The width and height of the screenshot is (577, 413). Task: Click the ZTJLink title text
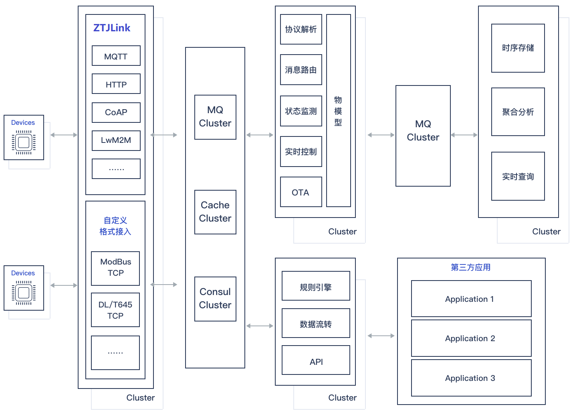[x=112, y=28]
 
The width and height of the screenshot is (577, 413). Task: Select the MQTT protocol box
[x=116, y=56]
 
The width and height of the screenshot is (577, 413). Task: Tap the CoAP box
[x=116, y=112]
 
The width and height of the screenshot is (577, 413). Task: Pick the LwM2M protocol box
[x=116, y=140]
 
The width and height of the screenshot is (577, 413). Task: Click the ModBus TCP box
[x=115, y=268]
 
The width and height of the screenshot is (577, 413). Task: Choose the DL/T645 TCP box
[x=115, y=310]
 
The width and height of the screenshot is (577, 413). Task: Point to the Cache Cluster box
[x=215, y=212]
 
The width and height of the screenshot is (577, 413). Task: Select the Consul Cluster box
[x=215, y=299]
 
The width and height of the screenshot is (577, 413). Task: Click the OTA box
[x=301, y=192]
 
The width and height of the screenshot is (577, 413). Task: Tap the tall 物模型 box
[x=338, y=111]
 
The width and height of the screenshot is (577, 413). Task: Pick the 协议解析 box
[x=301, y=29]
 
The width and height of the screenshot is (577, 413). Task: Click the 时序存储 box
[x=518, y=48]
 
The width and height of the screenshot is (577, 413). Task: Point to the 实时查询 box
[x=518, y=177]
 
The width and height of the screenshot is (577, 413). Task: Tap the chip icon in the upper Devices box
[x=24, y=142]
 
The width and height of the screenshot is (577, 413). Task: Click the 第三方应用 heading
[x=471, y=267]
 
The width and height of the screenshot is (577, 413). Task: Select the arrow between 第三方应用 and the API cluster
[x=381, y=336]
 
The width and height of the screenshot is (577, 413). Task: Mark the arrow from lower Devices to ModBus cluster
[x=64, y=285]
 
